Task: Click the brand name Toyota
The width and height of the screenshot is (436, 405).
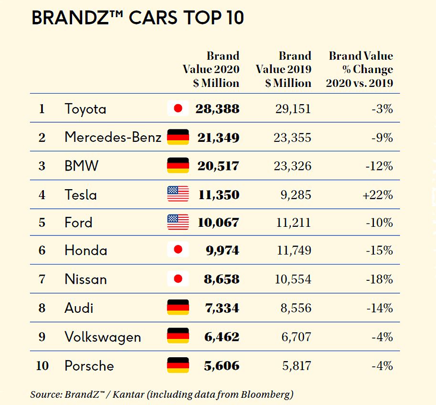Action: point(85,109)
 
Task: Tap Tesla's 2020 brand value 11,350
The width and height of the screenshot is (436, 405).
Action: point(218,195)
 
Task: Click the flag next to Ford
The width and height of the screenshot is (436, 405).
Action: point(178,222)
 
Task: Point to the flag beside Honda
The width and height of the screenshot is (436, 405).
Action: point(178,250)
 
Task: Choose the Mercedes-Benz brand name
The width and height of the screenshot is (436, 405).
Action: point(113,138)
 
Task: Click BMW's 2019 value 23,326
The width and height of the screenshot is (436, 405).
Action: point(292,166)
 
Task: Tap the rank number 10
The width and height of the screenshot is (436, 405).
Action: point(42,366)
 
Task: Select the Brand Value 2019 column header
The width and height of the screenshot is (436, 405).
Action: point(284,70)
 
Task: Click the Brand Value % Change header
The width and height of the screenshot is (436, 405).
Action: point(360,70)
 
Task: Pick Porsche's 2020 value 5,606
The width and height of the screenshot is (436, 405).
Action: point(221,366)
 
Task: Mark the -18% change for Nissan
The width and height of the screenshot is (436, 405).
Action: point(380,279)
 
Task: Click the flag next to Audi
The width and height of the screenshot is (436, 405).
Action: point(178,307)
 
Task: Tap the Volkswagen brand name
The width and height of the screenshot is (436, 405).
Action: point(103,337)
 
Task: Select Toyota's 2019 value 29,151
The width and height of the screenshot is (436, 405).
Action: point(293,109)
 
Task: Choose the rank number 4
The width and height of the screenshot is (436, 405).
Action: point(42,195)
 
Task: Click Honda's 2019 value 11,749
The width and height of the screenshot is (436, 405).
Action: point(292,250)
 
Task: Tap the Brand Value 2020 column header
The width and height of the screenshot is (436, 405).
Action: point(211,70)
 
